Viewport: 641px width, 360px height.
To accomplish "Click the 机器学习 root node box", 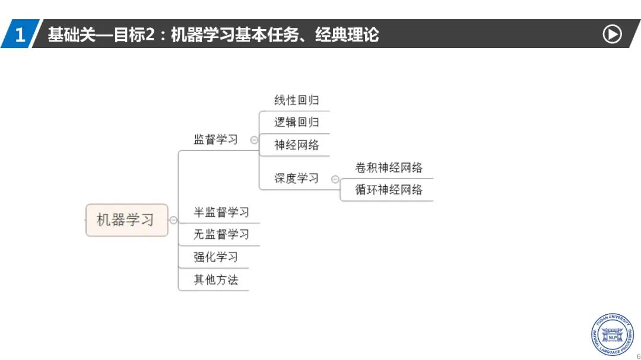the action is coord(126,220).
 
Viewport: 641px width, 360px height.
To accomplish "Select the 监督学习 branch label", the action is coord(215,140).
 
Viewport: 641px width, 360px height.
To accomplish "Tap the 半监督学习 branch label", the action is coord(221,212).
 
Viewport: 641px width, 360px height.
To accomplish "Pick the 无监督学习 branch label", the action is coord(221,234).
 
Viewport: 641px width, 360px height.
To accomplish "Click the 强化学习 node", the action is coord(215,257).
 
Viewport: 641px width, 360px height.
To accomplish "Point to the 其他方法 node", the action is coord(215,280).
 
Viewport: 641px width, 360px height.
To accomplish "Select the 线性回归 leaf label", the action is coord(296,100).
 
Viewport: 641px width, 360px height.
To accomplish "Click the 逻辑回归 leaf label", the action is coord(296,122).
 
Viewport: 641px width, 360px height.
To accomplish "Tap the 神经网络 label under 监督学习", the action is coord(296,145).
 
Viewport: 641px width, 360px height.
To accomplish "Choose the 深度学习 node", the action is coord(296,178).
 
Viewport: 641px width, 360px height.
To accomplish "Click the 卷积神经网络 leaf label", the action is coord(389,168).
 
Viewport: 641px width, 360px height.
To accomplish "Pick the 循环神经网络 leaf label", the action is coord(389,190).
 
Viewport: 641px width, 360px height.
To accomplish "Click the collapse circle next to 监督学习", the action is coord(254,140).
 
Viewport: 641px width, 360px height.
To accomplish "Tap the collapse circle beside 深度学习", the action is coord(335,179).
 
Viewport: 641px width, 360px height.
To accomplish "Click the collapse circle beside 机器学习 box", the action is coord(173,220).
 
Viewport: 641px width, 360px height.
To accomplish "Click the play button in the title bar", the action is coord(612,34).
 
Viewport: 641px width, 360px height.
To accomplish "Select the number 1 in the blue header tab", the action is coord(20,34).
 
